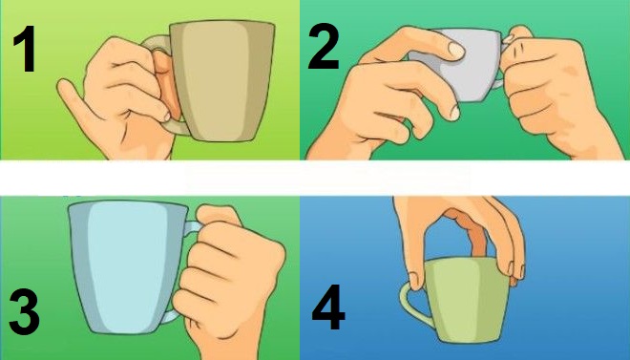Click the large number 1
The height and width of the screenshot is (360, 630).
[x=25, y=49]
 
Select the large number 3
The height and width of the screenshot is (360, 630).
[x=25, y=312]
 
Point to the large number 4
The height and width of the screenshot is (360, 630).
[x=328, y=307]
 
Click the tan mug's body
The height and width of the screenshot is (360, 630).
[x=222, y=80]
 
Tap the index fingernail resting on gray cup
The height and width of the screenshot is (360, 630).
[x=456, y=50]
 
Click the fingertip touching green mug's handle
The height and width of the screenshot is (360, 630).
[x=414, y=280]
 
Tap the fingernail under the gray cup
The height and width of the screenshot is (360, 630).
[x=454, y=113]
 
